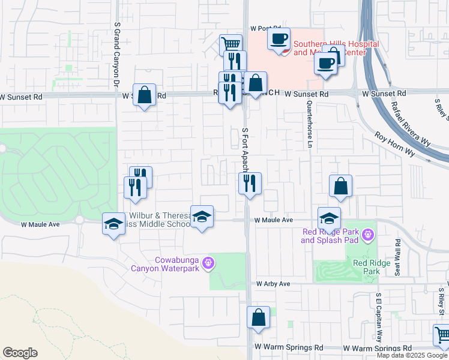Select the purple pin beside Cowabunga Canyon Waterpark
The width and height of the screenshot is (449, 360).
tap(208, 262)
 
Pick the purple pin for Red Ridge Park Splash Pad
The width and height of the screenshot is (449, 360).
tap(367, 234)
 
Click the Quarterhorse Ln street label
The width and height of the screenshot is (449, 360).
tap(310, 124)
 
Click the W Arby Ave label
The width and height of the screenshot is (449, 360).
tap(273, 284)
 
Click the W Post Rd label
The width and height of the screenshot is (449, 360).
tap(266, 28)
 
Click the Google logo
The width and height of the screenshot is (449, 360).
tap(20, 353)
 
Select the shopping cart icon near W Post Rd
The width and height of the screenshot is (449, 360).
tap(231, 43)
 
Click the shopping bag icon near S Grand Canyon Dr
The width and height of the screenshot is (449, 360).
tap(145, 94)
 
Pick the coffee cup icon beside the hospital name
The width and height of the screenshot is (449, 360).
tap(279, 39)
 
